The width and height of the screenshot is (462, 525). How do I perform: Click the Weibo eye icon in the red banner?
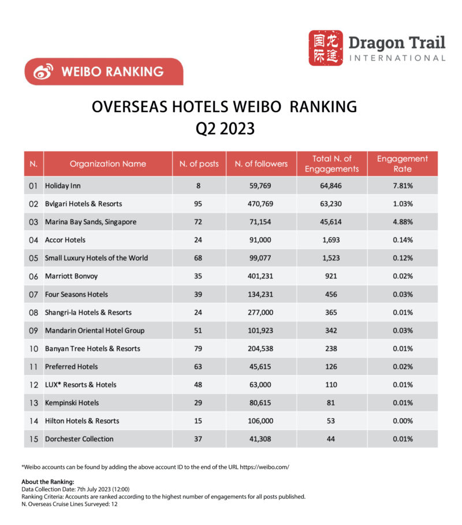click(43, 72)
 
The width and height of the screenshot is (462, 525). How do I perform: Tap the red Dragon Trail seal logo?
click(325, 48)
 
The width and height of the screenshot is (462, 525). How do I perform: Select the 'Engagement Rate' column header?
click(403, 163)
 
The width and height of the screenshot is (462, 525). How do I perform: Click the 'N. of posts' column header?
click(199, 163)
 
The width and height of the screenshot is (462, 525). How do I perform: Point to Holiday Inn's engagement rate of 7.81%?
click(403, 186)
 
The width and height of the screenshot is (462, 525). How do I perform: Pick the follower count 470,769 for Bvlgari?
click(260, 204)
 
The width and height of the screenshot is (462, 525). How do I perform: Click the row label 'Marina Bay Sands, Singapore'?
click(91, 222)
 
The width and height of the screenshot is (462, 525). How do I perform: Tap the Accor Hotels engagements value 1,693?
click(331, 240)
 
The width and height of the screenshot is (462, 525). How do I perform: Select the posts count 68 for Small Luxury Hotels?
click(198, 258)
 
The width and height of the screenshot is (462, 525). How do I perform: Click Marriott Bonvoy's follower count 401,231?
click(260, 276)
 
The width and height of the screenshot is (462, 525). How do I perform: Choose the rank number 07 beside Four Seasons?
click(33, 295)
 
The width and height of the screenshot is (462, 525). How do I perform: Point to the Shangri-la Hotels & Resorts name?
click(88, 312)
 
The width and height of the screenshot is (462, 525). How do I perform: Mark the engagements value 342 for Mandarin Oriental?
click(331, 331)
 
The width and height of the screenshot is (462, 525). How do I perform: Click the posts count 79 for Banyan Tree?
click(198, 349)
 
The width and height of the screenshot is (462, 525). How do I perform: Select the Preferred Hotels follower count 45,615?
click(260, 367)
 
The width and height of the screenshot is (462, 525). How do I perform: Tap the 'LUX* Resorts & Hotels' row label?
click(81, 385)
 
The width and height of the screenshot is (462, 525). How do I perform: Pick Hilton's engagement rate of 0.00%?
click(403, 421)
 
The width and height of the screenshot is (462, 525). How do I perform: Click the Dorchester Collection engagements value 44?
click(331, 440)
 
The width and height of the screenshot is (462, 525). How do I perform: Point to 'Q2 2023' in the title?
click(225, 129)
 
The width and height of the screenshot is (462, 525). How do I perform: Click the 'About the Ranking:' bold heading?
click(48, 482)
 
